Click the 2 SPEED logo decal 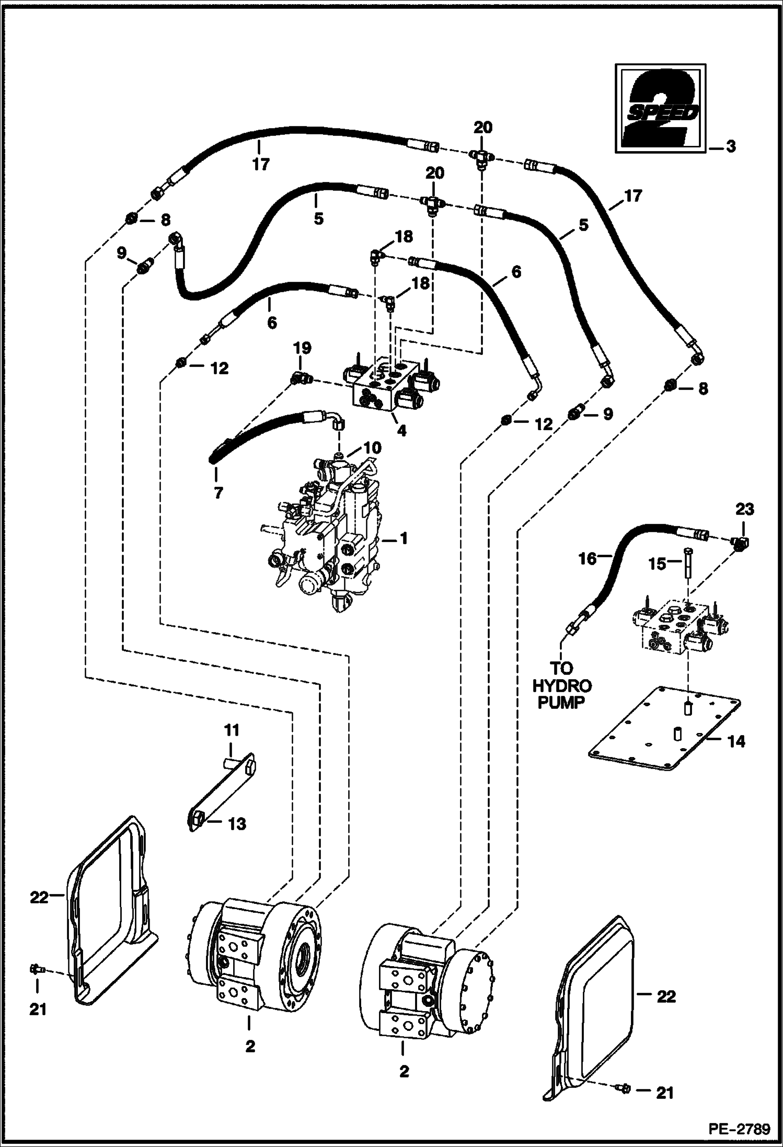659,109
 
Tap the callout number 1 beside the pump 402,538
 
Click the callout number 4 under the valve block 401,431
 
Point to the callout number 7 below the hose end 218,492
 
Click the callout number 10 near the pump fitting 373,448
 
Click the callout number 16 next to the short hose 587,559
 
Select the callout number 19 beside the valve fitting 302,348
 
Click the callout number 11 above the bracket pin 232,730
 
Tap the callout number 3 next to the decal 730,147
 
